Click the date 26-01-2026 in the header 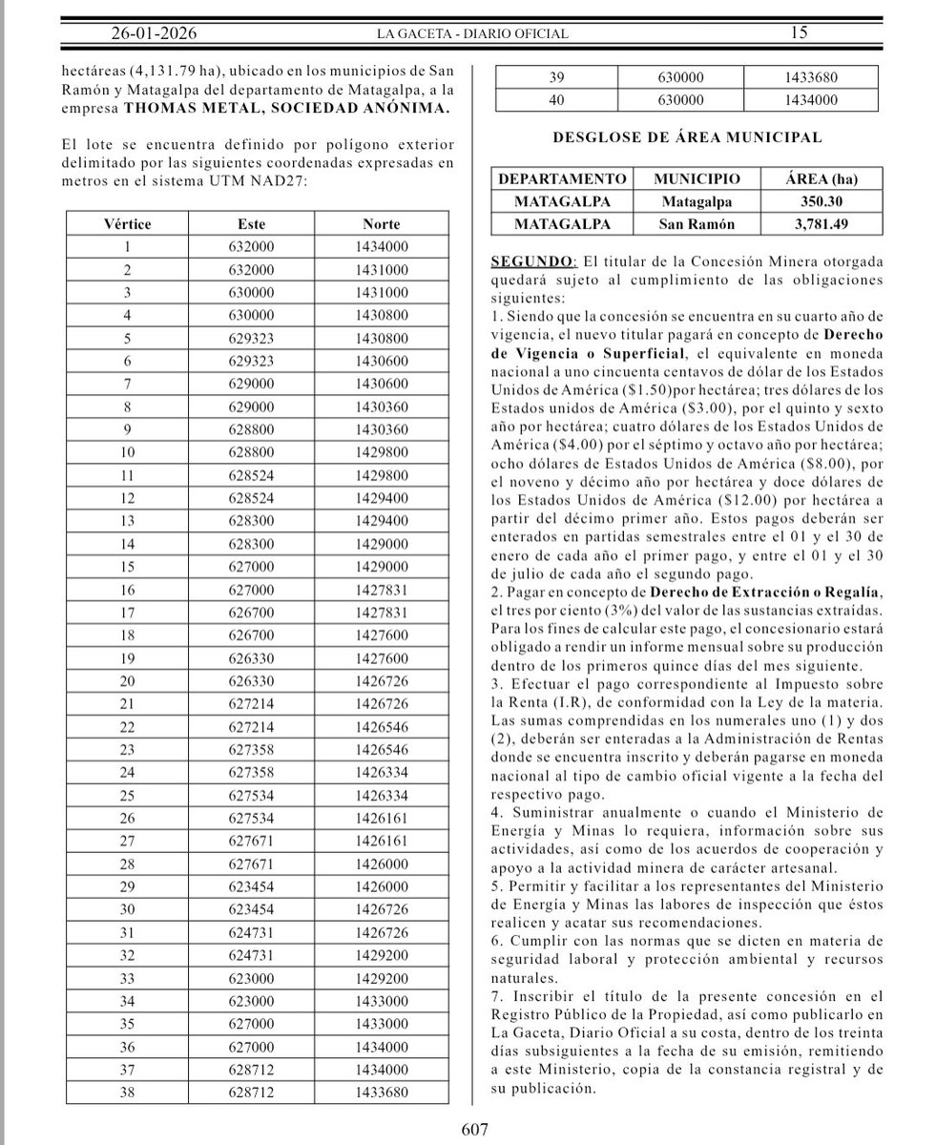click(153, 33)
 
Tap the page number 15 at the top click(799, 33)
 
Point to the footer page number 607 click(474, 1130)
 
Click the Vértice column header click(126, 224)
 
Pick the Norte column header click(381, 224)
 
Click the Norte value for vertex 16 click(381, 589)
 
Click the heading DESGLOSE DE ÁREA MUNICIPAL click(687, 137)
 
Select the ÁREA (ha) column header click(814, 179)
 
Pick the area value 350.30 click(814, 202)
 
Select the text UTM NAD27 click(258, 181)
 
